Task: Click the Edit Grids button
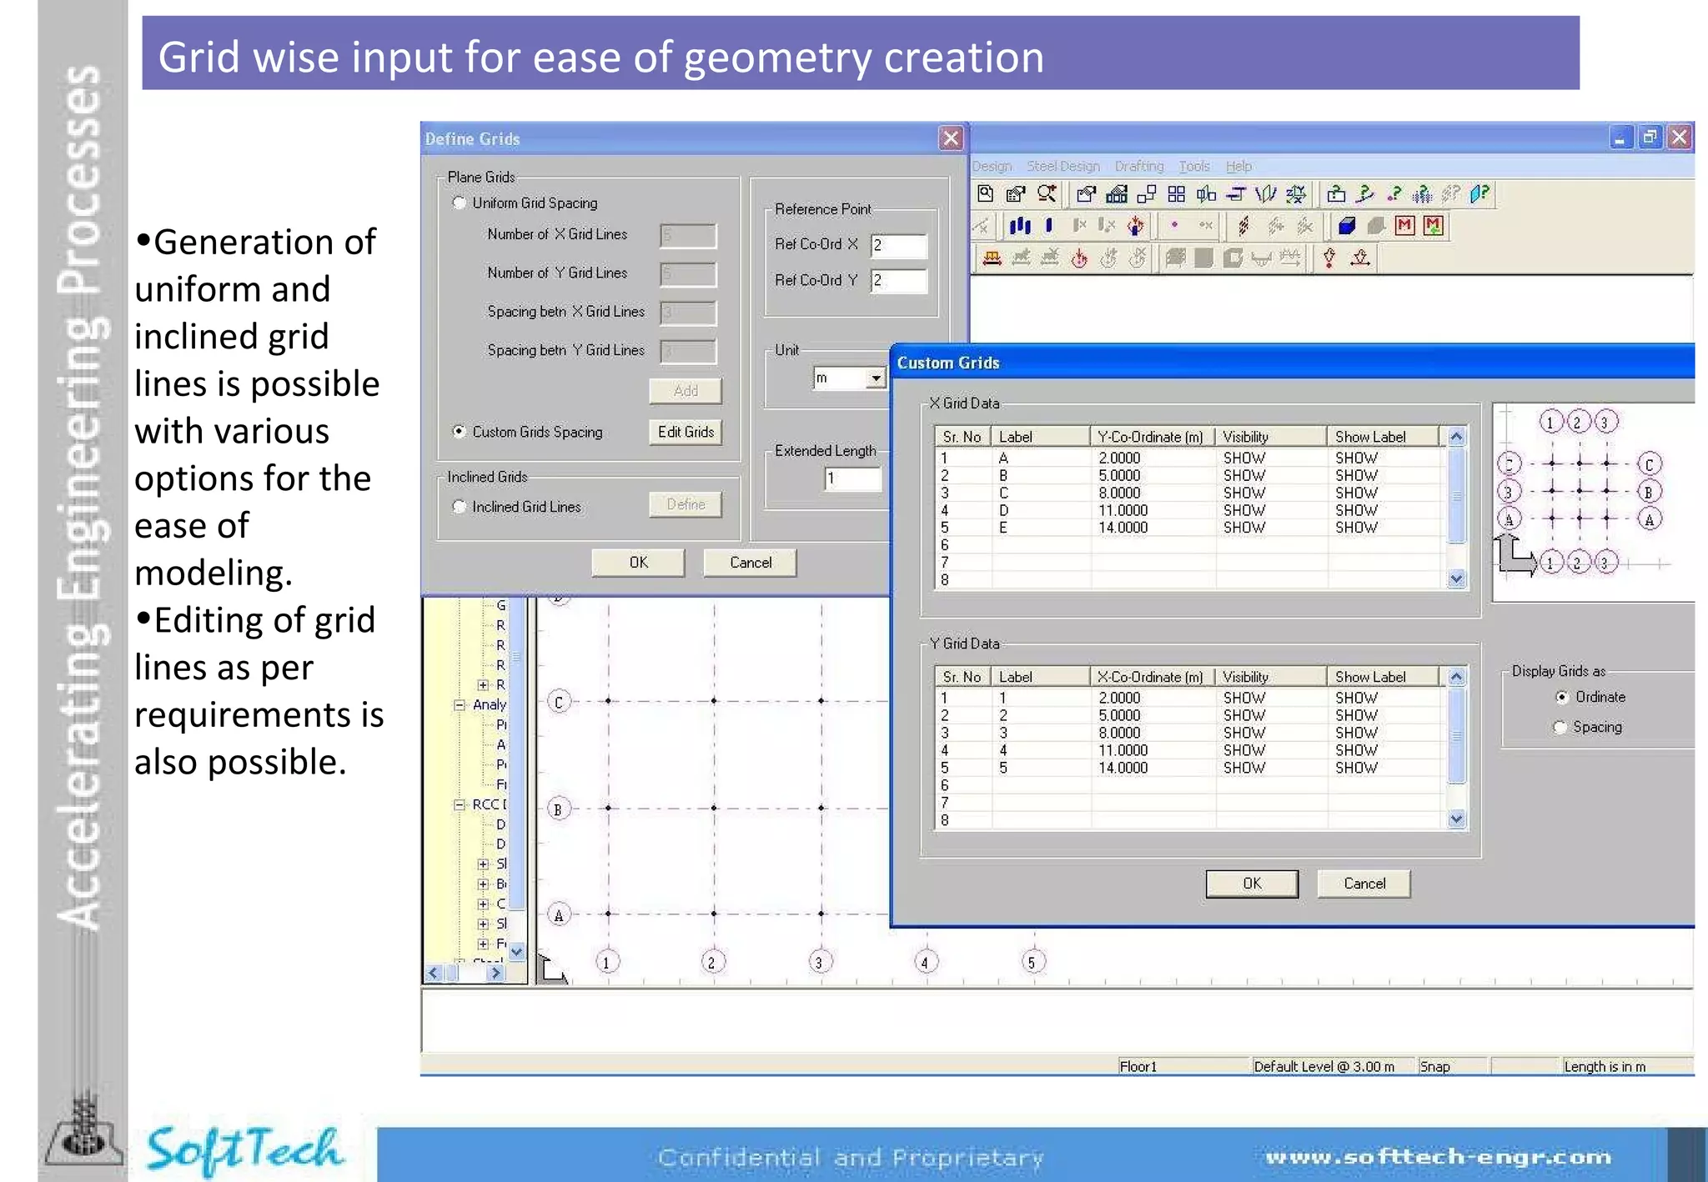tap(686, 432)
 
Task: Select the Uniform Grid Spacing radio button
tap(460, 203)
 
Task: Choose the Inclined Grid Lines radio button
tap(460, 507)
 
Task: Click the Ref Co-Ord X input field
tap(898, 245)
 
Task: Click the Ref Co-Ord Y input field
tap(898, 281)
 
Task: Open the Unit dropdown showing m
tap(875, 378)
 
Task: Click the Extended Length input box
tap(851, 478)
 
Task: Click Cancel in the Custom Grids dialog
tap(1364, 884)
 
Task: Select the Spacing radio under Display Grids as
tap(1560, 727)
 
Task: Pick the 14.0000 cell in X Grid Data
tap(1123, 528)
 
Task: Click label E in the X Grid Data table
tap(1003, 528)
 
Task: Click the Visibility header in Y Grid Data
tap(1245, 677)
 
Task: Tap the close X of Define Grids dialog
tap(951, 138)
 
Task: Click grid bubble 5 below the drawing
tap(1032, 963)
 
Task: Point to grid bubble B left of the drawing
tap(559, 809)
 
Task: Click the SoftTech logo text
tap(244, 1149)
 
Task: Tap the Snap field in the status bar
tap(1435, 1067)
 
